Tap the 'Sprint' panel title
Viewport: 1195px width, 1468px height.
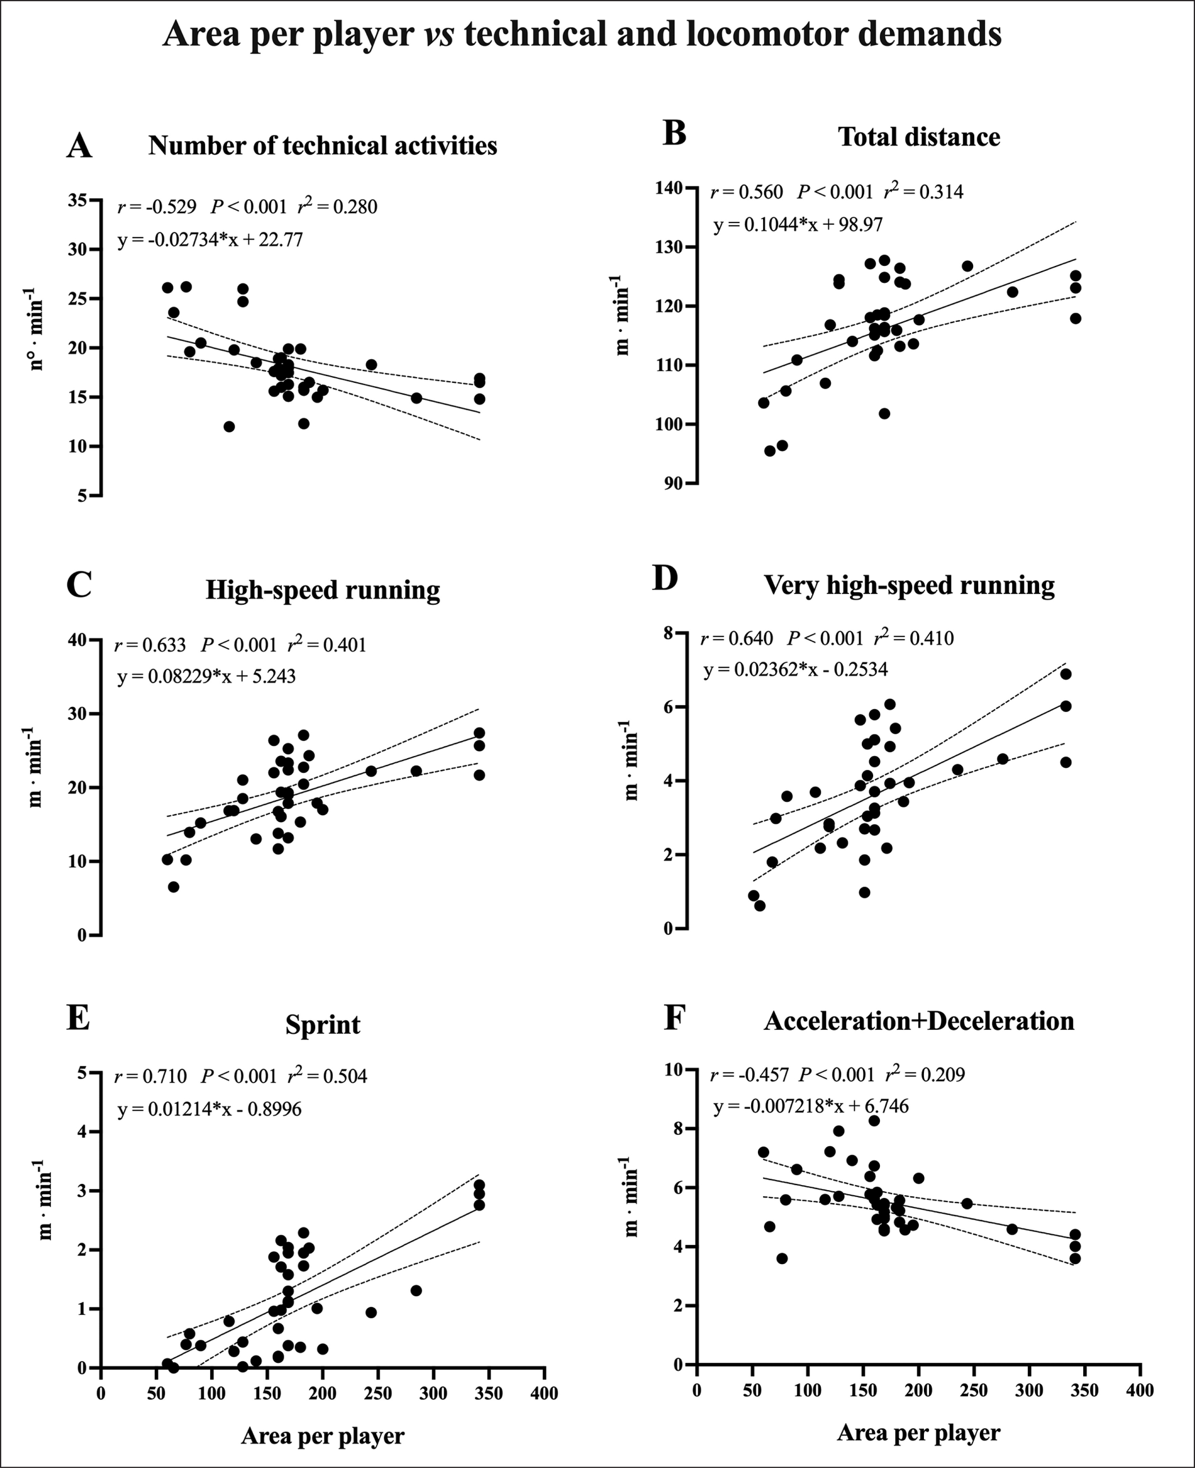322,1025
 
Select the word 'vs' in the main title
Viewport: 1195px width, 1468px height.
438,35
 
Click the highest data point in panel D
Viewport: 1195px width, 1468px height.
1066,674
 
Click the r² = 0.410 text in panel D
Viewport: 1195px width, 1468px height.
914,638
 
